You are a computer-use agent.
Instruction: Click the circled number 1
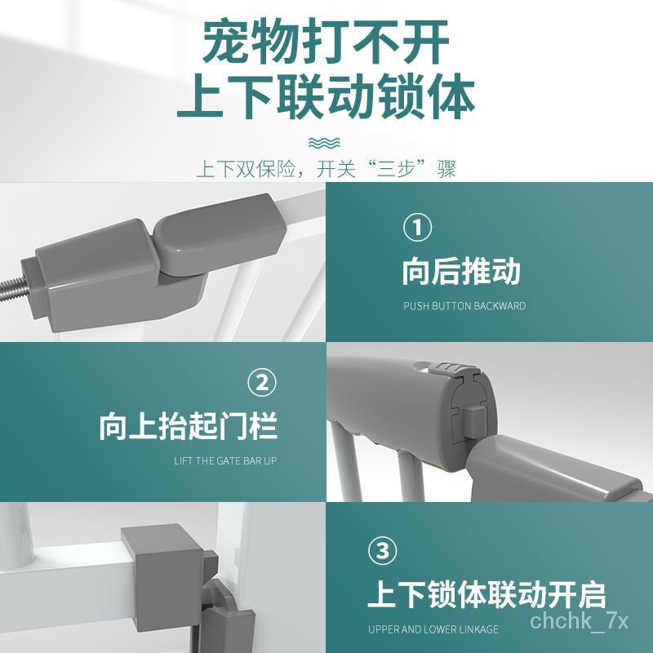click(417, 227)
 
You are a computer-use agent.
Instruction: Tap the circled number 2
click(262, 383)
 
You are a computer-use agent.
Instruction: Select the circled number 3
click(382, 551)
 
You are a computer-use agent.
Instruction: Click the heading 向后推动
click(461, 272)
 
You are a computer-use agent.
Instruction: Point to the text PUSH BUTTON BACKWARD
click(464, 306)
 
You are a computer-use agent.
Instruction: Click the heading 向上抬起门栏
click(188, 426)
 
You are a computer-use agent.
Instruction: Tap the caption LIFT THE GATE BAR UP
click(225, 461)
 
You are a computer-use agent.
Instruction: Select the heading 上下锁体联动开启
click(486, 595)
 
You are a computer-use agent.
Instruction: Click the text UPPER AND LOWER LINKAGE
click(433, 629)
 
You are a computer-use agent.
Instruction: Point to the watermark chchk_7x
click(579, 621)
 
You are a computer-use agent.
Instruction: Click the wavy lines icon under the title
click(324, 143)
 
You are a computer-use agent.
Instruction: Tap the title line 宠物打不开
click(326, 42)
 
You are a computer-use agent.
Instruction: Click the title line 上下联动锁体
click(326, 96)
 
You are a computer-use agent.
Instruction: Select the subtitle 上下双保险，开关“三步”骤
click(326, 169)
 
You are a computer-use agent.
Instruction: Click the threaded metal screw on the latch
click(11, 288)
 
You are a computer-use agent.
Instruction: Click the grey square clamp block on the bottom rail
click(163, 577)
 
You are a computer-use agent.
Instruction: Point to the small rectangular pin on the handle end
click(474, 422)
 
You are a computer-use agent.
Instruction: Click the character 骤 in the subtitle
click(446, 169)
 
